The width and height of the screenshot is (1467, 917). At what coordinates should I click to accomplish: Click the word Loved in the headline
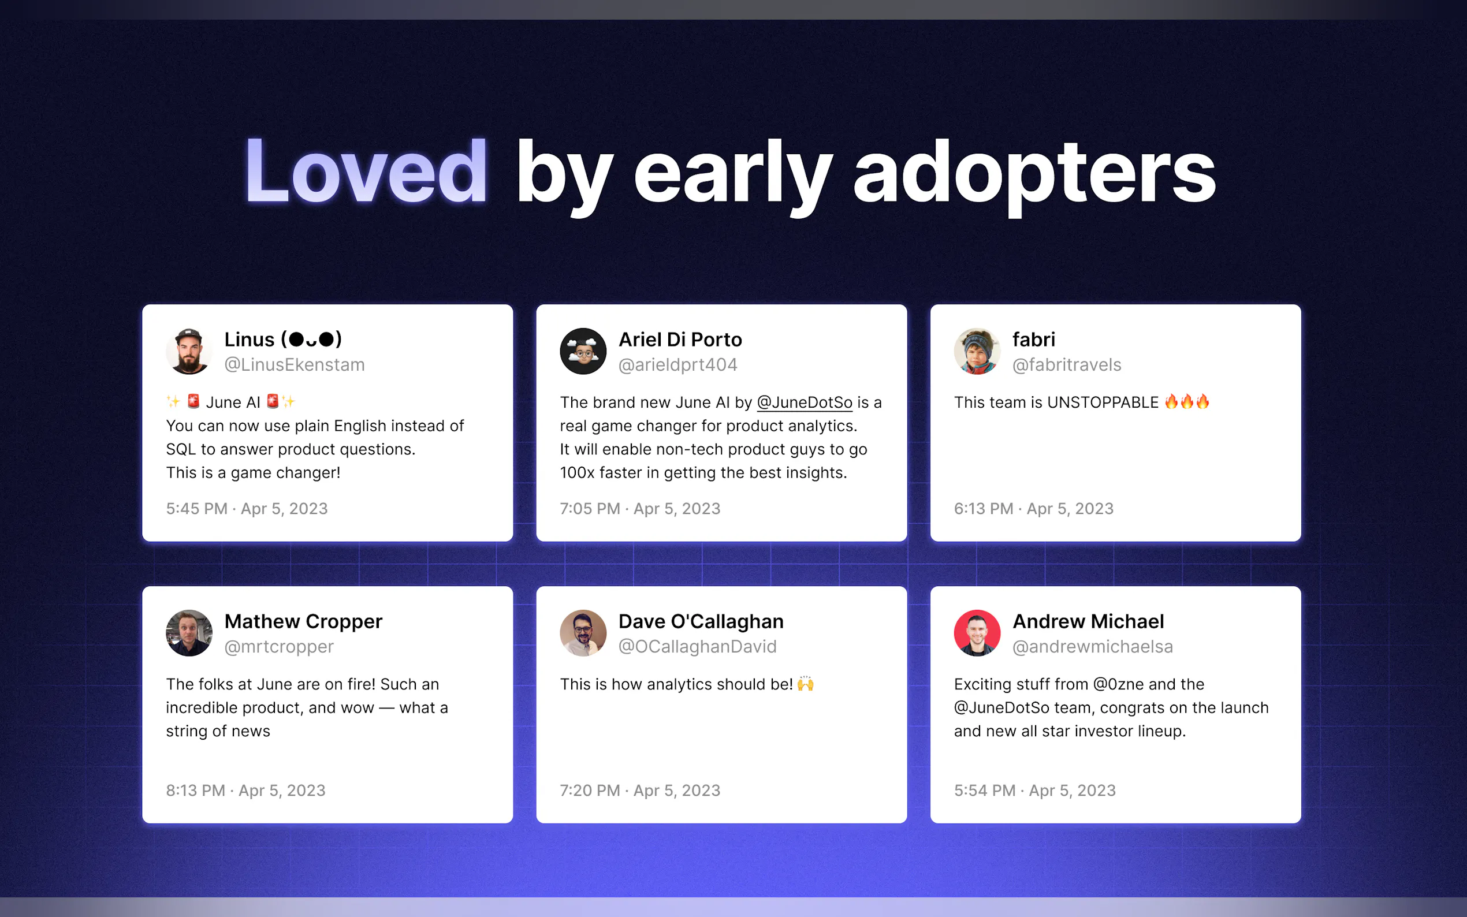[366, 171]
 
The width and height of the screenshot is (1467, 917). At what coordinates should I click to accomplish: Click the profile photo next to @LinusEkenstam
[189, 351]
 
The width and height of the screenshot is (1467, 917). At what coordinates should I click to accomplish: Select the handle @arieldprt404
[677, 364]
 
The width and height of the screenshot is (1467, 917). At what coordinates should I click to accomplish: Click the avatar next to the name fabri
[977, 351]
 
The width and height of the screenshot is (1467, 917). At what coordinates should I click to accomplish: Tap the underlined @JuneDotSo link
[804, 402]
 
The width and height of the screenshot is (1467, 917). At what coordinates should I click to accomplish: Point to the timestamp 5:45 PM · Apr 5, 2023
[247, 508]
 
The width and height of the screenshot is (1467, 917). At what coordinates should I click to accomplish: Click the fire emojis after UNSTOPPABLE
[1186, 401]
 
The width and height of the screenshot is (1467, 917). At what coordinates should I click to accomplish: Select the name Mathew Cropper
[303, 621]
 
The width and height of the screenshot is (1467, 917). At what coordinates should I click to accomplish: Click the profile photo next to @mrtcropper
[189, 633]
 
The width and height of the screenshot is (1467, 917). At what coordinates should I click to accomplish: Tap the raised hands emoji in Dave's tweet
[805, 684]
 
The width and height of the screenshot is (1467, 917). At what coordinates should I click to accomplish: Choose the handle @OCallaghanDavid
[698, 647]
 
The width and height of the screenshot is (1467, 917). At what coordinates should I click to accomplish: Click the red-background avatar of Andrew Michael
[977, 633]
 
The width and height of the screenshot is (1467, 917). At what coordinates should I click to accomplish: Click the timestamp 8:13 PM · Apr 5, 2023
[245, 790]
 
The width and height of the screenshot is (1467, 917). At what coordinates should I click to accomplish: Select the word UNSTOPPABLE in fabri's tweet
[1103, 402]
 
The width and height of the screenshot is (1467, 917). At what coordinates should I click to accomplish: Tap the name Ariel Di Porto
[680, 340]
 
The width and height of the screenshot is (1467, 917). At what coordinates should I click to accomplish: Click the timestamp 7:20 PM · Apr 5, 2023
[640, 790]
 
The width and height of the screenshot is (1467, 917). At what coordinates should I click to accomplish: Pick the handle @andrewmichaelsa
[1093, 647]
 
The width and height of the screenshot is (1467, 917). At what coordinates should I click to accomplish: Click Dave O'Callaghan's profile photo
[583, 633]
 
